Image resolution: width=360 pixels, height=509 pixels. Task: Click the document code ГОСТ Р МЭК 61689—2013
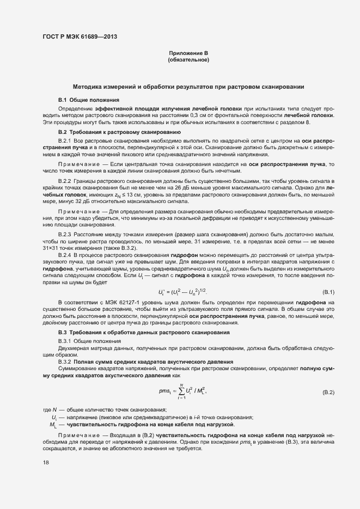click(80, 37)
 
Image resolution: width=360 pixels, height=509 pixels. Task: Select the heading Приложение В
click(188, 53)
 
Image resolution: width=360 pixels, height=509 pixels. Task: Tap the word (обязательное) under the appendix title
click(188, 59)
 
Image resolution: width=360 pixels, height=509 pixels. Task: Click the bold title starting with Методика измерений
click(188, 87)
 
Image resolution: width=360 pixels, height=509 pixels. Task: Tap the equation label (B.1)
click(328, 292)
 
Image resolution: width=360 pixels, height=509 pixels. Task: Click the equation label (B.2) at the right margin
click(328, 392)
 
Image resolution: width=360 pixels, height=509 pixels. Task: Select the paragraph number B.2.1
click(65, 141)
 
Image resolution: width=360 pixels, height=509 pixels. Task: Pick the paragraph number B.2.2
click(65, 180)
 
